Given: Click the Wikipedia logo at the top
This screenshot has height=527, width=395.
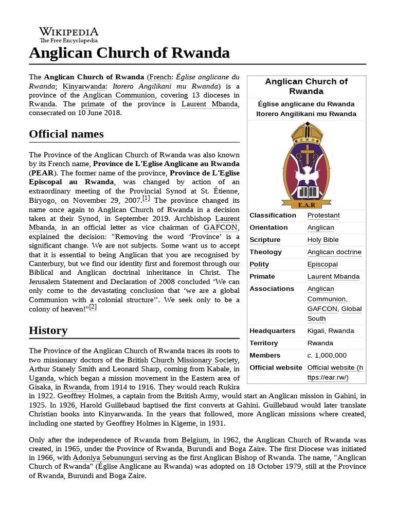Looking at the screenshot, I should pyautogui.click(x=69, y=34).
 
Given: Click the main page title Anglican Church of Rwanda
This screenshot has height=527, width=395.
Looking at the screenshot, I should pyautogui.click(x=129, y=52).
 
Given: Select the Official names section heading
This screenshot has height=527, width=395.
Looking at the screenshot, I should pyautogui.click(x=66, y=134).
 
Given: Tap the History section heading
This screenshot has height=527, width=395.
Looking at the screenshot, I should pyautogui.click(x=48, y=330).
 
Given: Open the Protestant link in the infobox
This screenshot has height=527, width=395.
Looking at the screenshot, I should pyautogui.click(x=323, y=215).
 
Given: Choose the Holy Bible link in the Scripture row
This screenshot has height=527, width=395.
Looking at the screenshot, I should pyautogui.click(x=323, y=240).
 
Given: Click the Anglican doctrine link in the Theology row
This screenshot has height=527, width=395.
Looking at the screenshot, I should pyautogui.click(x=334, y=252).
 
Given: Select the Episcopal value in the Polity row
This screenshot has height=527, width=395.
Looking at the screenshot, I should pyautogui.click(x=322, y=265).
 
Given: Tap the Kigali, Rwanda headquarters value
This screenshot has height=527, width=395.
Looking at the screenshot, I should pyautogui.click(x=330, y=331).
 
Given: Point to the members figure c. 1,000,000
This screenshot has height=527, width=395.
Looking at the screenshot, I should pyautogui.click(x=327, y=356).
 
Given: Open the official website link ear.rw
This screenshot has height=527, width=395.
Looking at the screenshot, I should pyautogui.click(x=334, y=372).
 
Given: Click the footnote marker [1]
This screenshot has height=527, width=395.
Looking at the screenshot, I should pyautogui.click(x=147, y=198).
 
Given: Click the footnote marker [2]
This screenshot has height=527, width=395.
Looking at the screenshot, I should pyautogui.click(x=93, y=307).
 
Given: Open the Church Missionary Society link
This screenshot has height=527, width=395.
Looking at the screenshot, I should pyautogui.click(x=194, y=360).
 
